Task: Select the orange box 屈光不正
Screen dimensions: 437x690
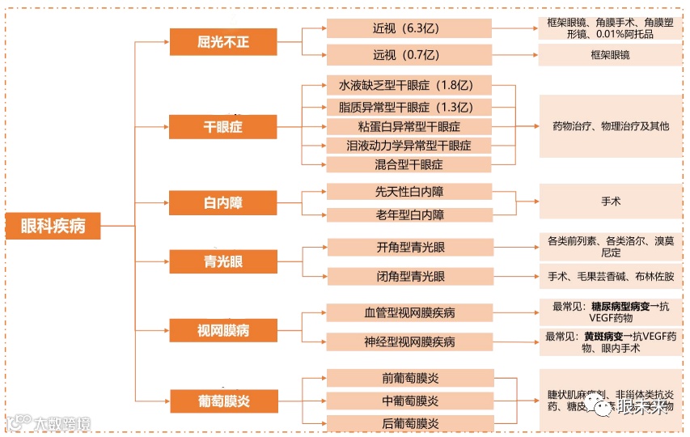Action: pyautogui.click(x=212, y=42)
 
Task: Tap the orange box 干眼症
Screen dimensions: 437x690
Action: pyautogui.click(x=212, y=127)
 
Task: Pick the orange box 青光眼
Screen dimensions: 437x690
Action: pyautogui.click(x=212, y=261)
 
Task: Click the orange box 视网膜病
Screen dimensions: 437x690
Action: pyautogui.click(x=212, y=329)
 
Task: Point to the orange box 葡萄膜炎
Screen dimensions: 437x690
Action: pyautogui.click(x=212, y=400)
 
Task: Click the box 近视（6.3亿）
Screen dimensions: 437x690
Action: pyautogui.click(x=409, y=28)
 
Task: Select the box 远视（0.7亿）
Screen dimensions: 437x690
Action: pyautogui.click(x=409, y=55)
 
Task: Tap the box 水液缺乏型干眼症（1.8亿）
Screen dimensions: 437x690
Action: pyautogui.click(x=409, y=86)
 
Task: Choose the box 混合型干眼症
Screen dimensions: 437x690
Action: pyautogui.click(x=409, y=164)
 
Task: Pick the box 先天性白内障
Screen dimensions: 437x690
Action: pyautogui.click(x=409, y=192)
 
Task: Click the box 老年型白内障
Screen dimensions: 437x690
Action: pyautogui.click(x=409, y=215)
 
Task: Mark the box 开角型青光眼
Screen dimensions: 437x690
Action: pyautogui.click(x=409, y=248)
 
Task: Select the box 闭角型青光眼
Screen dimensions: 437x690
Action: pyautogui.click(x=409, y=276)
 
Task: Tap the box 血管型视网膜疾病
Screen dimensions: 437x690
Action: pyautogui.click(x=409, y=312)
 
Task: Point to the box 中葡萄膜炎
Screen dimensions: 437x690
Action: pyautogui.click(x=409, y=401)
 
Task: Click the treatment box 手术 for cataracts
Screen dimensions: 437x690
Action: pyautogui.click(x=611, y=202)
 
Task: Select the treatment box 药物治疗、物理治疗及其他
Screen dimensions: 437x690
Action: pyautogui.click(x=611, y=126)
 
